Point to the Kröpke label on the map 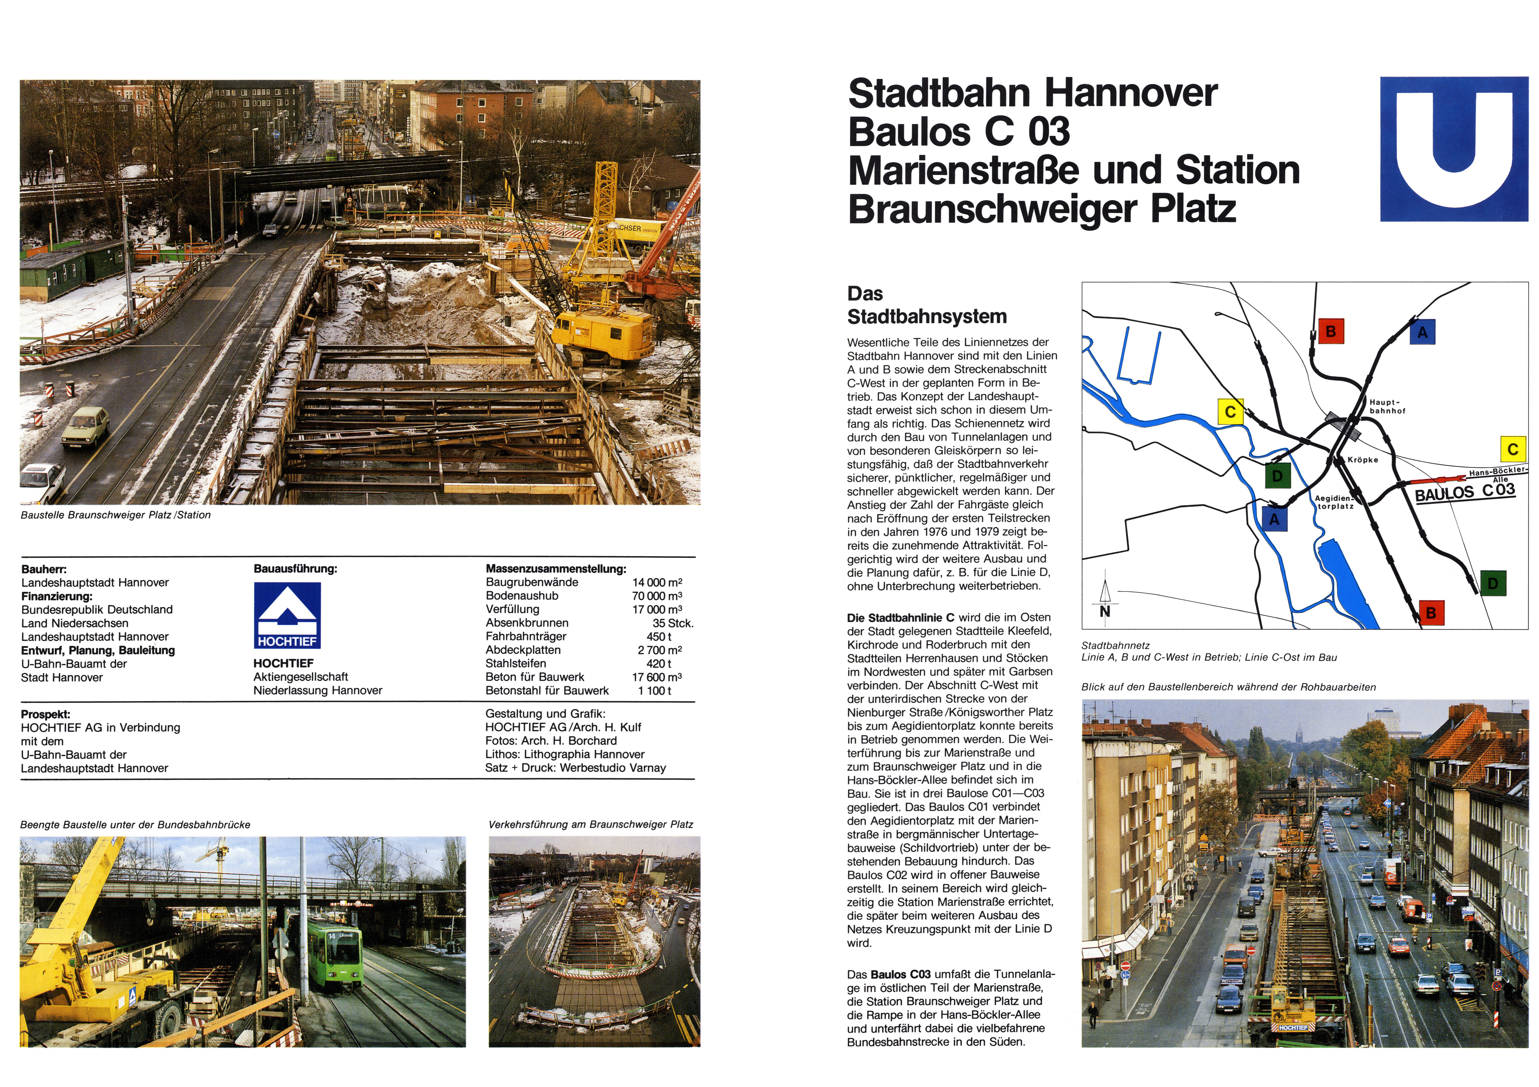point(1363,460)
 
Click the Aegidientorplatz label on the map point(1334,502)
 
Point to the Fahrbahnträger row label point(526,636)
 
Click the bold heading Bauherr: point(44,569)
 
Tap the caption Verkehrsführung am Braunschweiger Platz point(591,824)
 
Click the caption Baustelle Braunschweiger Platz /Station point(115,515)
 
